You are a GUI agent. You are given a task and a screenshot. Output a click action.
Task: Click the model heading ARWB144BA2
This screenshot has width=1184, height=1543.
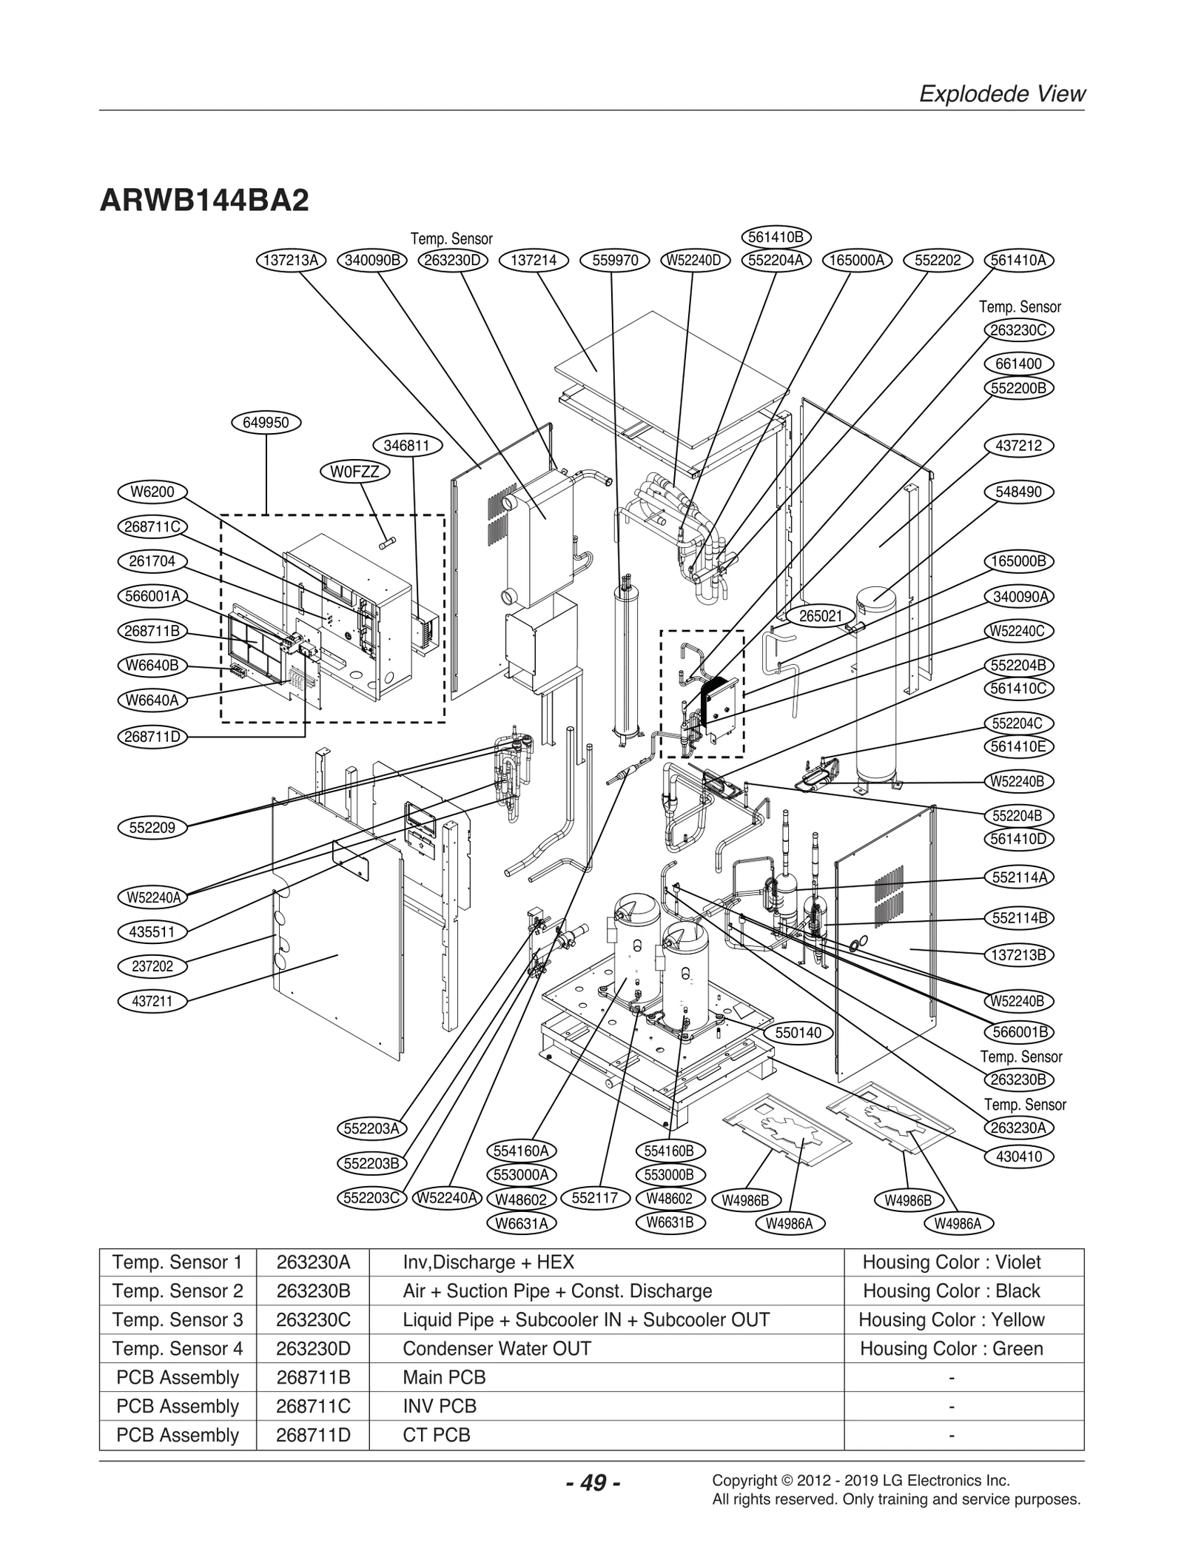[204, 201]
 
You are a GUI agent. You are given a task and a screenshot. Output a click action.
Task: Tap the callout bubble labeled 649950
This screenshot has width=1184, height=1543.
[266, 423]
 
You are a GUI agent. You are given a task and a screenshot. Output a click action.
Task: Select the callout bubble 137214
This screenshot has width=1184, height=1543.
[534, 260]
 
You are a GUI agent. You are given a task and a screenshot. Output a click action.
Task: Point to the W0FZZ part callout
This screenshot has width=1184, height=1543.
[355, 472]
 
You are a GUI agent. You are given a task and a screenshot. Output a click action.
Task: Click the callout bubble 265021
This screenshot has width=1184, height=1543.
[821, 616]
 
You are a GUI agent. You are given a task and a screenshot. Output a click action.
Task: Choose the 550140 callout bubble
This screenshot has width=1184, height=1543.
[798, 1033]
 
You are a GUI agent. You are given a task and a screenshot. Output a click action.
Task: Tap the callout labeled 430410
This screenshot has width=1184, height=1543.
[1019, 1157]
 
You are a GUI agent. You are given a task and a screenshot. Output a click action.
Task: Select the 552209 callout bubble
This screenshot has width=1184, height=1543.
[152, 828]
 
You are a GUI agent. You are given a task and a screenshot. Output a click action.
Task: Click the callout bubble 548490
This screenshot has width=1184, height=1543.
[1019, 492]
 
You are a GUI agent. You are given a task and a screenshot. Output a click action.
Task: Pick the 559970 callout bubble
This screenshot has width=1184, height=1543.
[615, 260]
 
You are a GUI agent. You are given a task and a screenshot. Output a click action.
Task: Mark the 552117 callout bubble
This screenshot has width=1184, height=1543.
[595, 1198]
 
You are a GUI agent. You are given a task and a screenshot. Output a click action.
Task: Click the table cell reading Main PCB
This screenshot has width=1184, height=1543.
[444, 1377]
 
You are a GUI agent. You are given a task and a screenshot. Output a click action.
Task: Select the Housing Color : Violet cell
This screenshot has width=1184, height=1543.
[951, 1262]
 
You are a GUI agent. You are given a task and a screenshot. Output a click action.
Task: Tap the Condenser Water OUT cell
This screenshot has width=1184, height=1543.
[497, 1348]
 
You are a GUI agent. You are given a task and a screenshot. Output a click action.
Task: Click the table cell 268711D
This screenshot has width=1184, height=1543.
[313, 1435]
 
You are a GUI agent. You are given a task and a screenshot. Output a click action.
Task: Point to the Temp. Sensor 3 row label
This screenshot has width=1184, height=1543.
[178, 1319]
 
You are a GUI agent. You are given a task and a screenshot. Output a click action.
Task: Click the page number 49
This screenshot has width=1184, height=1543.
[592, 1483]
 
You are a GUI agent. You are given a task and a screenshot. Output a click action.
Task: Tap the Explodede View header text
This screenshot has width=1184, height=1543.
[1002, 94]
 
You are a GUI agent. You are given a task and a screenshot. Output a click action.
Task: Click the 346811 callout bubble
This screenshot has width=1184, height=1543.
[407, 446]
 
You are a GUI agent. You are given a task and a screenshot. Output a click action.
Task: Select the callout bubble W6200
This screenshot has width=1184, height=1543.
[152, 492]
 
